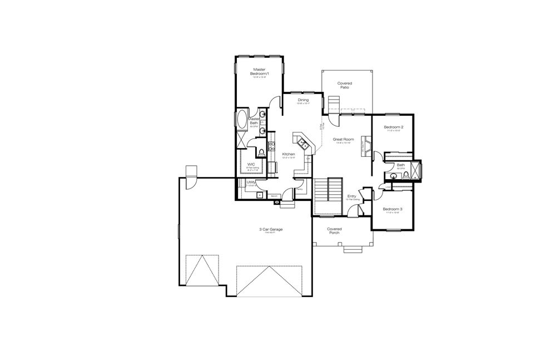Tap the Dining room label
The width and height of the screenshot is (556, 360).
(303, 100)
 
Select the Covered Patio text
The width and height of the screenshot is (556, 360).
(345, 85)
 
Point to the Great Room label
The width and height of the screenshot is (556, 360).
(343, 139)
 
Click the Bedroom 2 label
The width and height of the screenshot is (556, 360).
(393, 127)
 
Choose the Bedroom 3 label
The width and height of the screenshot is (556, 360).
(393, 209)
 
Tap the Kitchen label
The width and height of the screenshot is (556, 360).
(288, 154)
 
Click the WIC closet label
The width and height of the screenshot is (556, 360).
(251, 164)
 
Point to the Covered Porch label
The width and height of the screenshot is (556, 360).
(334, 230)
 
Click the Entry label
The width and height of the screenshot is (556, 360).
(352, 196)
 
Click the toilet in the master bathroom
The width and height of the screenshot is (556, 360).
(261, 152)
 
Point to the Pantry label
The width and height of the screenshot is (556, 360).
(299, 189)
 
